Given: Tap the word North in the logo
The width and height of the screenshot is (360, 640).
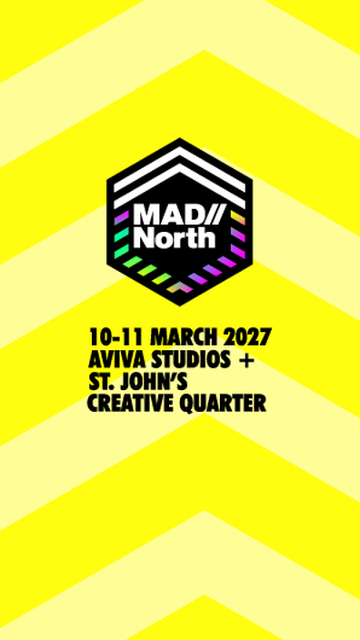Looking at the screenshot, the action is pos(175,238).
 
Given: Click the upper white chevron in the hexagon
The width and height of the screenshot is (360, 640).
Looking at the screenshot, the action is pos(180,168).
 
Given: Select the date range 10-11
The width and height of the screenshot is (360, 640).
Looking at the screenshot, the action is pos(117,337).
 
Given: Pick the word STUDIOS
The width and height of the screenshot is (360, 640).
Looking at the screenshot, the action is pos(185,359).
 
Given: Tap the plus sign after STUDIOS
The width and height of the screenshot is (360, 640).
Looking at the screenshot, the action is pos(245,360).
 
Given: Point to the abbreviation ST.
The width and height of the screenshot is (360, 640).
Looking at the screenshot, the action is pos(104,381).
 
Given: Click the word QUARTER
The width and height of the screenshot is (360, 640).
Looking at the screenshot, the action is pos(219,404).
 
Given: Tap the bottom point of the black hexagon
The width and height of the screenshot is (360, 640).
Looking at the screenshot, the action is pos(180,305).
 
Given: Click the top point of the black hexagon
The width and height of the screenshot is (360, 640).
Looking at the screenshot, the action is pos(180,138).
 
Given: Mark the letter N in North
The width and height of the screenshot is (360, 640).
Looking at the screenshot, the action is pos(143,238).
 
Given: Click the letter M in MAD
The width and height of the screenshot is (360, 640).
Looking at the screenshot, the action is pos(145,215).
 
